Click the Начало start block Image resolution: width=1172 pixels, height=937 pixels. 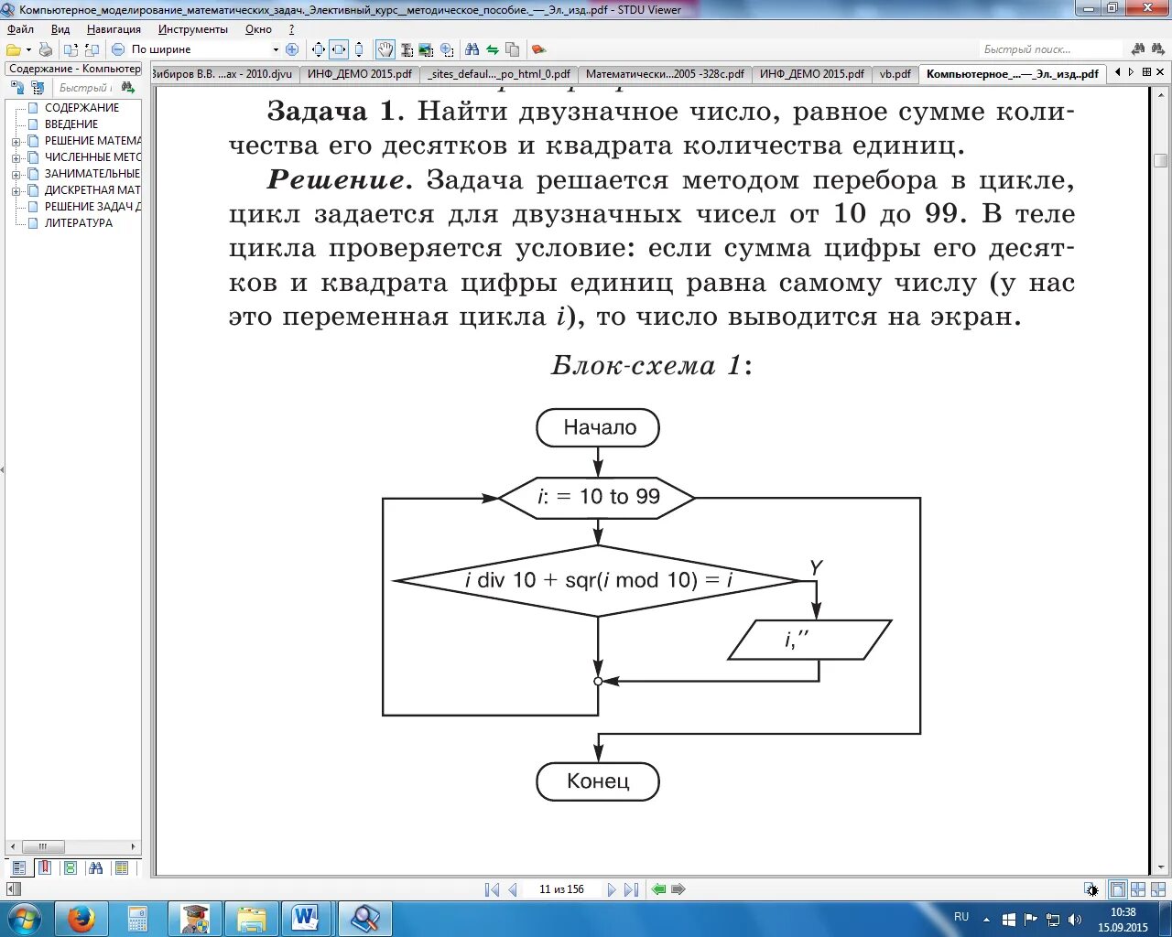[x=599, y=427]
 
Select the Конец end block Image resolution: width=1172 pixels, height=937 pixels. [x=598, y=781]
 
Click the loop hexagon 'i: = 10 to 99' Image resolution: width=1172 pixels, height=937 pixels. [x=597, y=497]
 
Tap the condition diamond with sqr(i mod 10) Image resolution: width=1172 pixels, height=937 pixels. [x=598, y=580]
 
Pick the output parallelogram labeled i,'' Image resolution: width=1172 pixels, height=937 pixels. [x=809, y=640]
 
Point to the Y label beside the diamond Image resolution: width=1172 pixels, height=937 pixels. [x=816, y=568]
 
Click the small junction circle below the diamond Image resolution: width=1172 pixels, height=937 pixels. [x=598, y=681]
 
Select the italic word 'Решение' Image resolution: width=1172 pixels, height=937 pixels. [x=336, y=180]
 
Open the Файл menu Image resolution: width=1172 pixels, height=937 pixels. [x=20, y=29]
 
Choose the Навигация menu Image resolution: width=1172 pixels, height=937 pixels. [x=114, y=29]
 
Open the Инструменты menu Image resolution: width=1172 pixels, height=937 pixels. [x=192, y=29]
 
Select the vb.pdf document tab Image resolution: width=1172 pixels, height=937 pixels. [x=895, y=74]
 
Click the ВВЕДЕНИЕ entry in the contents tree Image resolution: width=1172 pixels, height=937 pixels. [x=71, y=124]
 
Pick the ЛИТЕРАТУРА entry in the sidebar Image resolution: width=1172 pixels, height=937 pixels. [x=79, y=222]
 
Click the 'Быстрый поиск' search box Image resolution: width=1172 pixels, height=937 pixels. [x=1049, y=49]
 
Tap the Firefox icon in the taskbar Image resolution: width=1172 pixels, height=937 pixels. [x=81, y=918]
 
